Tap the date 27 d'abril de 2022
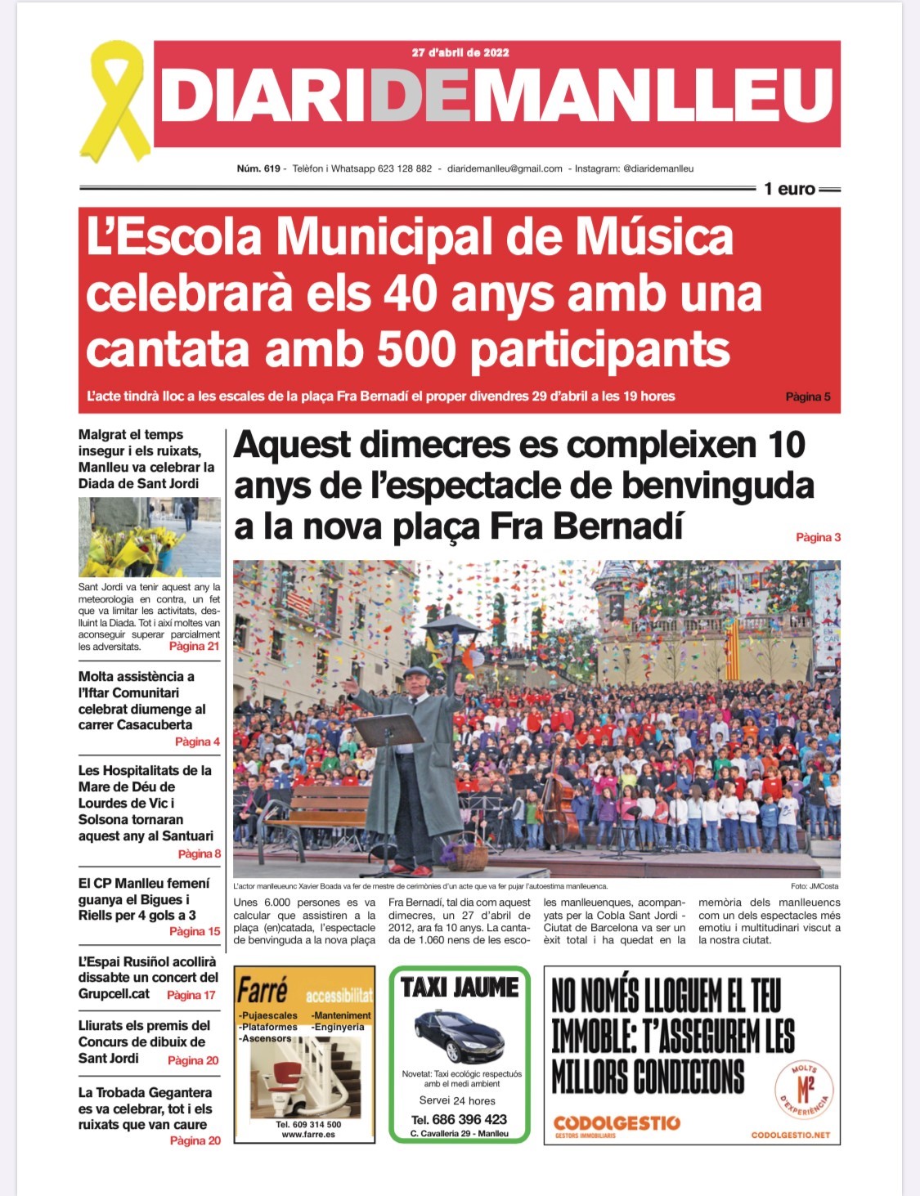click(x=460, y=52)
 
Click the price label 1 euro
click(x=789, y=189)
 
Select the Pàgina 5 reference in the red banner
click(x=808, y=396)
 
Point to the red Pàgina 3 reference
click(x=818, y=537)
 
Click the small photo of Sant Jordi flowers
click(x=149, y=537)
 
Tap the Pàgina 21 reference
click(x=194, y=646)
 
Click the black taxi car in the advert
click(x=459, y=1033)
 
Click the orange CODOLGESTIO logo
click(x=616, y=1122)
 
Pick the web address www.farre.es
click(x=307, y=1135)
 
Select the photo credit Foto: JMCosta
click(x=814, y=886)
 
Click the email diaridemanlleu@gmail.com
click(x=505, y=169)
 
